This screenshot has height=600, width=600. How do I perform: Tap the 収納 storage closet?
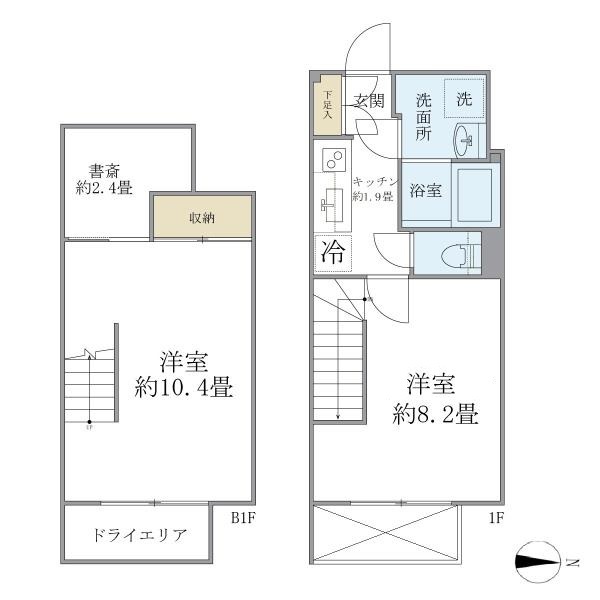(x=201, y=217)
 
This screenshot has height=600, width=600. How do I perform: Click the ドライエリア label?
(x=139, y=535)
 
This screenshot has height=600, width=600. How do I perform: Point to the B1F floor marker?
(x=245, y=519)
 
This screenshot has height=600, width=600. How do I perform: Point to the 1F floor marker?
(x=497, y=519)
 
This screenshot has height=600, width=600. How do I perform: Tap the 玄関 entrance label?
(x=369, y=100)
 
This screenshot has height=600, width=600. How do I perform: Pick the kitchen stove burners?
(x=333, y=160)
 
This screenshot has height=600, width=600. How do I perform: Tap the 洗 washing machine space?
(x=464, y=99)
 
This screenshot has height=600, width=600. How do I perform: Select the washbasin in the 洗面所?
(x=467, y=140)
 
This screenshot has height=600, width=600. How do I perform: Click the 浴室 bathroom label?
(x=427, y=191)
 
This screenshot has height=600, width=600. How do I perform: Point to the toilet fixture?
(x=456, y=253)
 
